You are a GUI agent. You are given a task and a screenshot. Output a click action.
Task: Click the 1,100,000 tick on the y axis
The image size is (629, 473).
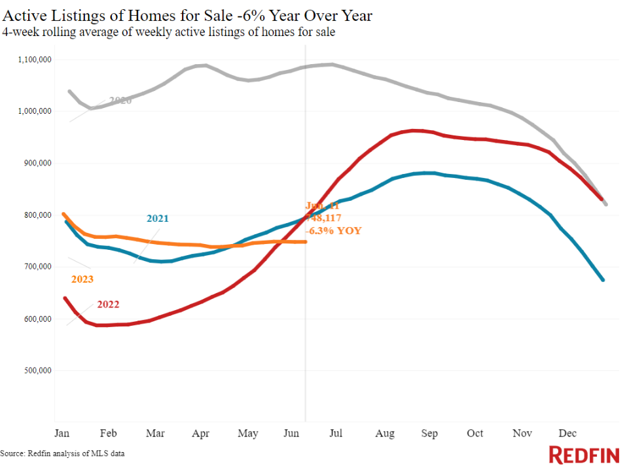point(35,60)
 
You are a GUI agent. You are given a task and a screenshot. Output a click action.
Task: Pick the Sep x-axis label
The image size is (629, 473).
point(429,433)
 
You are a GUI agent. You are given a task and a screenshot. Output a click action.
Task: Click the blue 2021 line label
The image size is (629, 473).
point(157,219)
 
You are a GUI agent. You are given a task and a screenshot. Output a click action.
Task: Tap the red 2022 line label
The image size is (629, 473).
point(109,304)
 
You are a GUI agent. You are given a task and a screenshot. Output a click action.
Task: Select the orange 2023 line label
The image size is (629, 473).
point(82,279)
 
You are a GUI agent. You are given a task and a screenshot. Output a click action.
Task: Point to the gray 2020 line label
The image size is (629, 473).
point(120,100)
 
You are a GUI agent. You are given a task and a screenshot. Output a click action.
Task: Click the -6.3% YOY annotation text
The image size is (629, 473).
point(333,230)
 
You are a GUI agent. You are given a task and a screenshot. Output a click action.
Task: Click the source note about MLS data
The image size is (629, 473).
point(62,453)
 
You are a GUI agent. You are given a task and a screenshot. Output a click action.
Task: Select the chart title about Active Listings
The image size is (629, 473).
point(187,15)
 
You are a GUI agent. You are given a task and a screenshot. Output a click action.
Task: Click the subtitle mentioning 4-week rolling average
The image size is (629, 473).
point(169,32)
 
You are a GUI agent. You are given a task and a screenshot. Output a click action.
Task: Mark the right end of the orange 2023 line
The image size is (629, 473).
point(306,242)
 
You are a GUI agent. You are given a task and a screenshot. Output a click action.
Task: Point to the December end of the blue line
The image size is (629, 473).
point(603,280)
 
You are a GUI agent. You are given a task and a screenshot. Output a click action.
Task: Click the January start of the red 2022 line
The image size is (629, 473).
point(64,298)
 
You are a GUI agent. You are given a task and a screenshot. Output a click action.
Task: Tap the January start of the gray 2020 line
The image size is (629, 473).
point(69,92)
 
